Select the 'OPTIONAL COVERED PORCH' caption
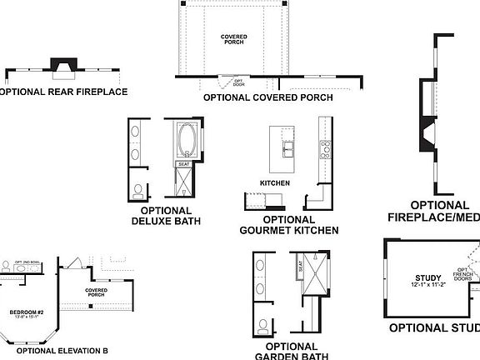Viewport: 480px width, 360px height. (268, 97)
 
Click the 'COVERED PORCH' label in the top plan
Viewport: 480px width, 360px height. (234, 40)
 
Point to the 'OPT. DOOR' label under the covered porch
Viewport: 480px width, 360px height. (227, 82)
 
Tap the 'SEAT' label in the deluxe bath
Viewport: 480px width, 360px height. (184, 165)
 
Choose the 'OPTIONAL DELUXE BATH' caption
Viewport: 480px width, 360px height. (162, 216)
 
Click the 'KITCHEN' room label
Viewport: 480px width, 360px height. (274, 182)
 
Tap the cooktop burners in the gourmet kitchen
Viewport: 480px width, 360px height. (324, 149)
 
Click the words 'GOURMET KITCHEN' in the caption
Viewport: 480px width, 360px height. (288, 230)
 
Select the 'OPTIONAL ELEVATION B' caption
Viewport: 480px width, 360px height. (62, 351)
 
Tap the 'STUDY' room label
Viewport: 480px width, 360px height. (427, 277)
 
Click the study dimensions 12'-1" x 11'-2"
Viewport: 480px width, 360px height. (427, 286)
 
